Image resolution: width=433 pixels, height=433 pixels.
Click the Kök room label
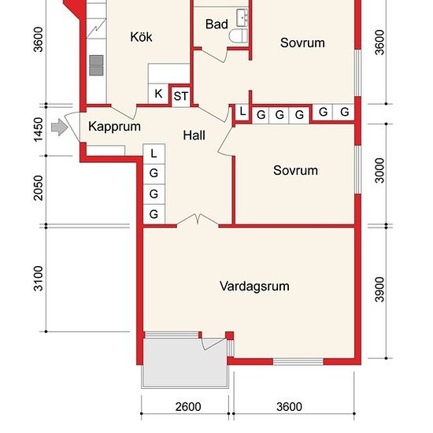pos(141,37)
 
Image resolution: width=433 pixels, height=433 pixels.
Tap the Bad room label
pos(216,24)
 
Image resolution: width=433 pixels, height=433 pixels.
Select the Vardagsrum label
pos(254,286)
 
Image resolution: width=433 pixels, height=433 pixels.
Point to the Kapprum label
pos(114,127)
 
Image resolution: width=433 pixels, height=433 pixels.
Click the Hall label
pos(194,135)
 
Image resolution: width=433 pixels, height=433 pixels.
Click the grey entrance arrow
pos(59,128)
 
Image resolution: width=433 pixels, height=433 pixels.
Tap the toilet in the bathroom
pos(239,36)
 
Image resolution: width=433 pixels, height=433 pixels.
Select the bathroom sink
pos(242,18)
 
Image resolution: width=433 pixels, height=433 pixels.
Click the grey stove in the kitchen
pos(97,65)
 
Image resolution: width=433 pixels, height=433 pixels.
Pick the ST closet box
pos(181,96)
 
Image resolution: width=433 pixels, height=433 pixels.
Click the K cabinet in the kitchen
pos(158,94)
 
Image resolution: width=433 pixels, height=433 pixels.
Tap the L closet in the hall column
pos(154,154)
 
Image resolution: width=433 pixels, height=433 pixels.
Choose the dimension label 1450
pos(39,130)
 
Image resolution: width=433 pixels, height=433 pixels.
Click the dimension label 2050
pos(39,188)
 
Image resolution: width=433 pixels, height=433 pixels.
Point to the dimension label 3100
pos(39,279)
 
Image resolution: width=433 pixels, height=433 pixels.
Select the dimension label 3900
pos(380,290)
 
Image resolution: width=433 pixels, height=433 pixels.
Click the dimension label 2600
pos(188,407)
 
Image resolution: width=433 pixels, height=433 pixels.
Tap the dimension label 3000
pos(380,171)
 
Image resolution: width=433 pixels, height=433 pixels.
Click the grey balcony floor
pos(184,362)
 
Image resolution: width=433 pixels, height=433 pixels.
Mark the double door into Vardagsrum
pos(198,220)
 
